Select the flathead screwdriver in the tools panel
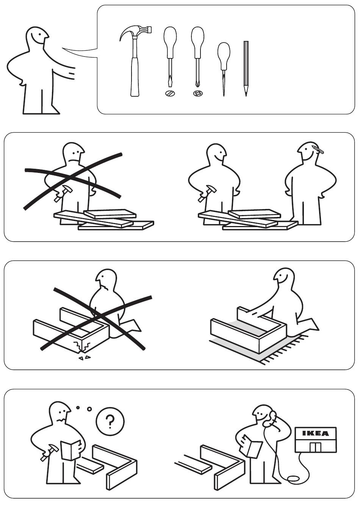[x=170, y=57]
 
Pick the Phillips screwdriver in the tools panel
[x=197, y=57]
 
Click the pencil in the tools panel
[x=246, y=69]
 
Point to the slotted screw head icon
[x=170, y=93]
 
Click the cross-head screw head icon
[x=197, y=93]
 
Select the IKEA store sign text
[x=315, y=433]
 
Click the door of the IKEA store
[x=315, y=447]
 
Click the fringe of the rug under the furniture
[x=285, y=350]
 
